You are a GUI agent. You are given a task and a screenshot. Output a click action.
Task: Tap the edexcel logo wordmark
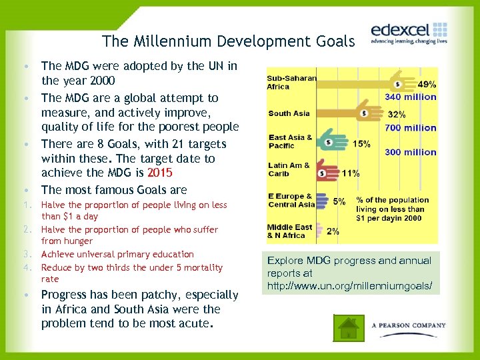pos(399,29)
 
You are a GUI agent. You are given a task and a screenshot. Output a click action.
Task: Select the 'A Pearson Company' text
pos(409,325)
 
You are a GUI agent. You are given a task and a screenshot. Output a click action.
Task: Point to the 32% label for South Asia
pos(397,114)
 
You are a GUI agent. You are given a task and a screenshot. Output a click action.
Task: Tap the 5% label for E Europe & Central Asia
pos(339,201)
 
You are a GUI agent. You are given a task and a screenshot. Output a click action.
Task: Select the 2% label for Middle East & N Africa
pos(333,231)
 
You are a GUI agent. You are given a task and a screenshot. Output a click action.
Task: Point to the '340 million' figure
pos(411,97)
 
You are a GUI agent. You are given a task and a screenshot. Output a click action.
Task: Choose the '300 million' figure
pos(411,152)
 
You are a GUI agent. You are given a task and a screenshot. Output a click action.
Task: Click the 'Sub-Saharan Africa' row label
pos(291,82)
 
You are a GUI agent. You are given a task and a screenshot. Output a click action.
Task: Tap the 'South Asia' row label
pos(289,113)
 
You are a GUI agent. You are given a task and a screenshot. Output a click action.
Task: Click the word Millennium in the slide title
pos(165,41)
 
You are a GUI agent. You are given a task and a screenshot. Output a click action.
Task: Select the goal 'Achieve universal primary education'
pos(117,254)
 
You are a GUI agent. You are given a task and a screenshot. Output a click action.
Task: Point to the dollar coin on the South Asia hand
pos(364,113)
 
